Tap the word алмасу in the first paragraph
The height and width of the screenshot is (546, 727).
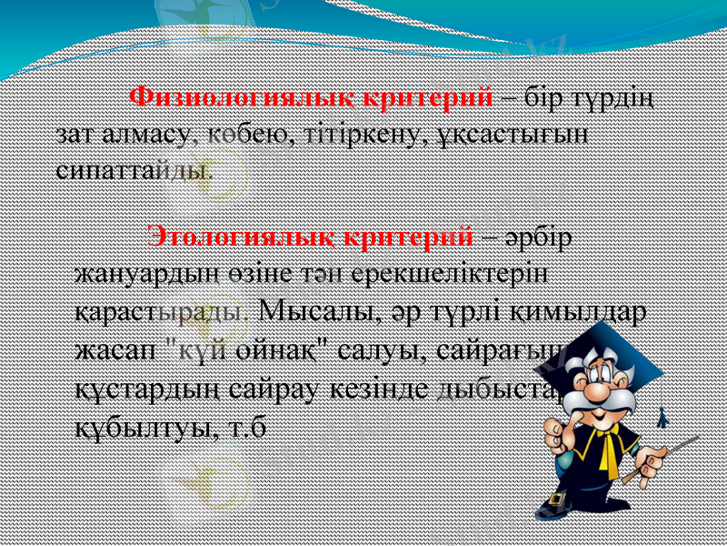point(144,133)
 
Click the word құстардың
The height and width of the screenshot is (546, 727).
point(146,387)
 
